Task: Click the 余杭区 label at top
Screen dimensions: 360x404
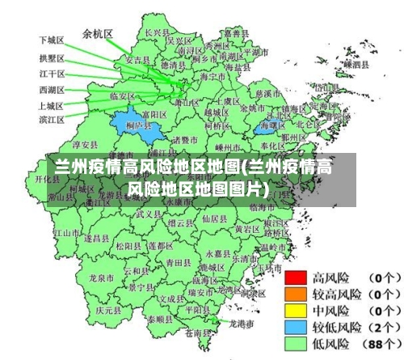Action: pyautogui.click(x=97, y=34)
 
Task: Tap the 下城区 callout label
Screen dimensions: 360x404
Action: pyautogui.click(x=51, y=40)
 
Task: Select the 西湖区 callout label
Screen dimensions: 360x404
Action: pyautogui.click(x=51, y=90)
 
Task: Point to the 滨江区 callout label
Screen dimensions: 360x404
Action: pyautogui.click(x=51, y=120)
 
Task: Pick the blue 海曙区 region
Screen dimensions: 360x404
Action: pyautogui.click(x=271, y=125)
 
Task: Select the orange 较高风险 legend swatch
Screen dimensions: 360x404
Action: pyautogui.click(x=296, y=294)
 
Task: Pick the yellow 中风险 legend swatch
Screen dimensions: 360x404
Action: pyautogui.click(x=296, y=310)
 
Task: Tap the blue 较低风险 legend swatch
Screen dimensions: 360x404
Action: pyautogui.click(x=296, y=326)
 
